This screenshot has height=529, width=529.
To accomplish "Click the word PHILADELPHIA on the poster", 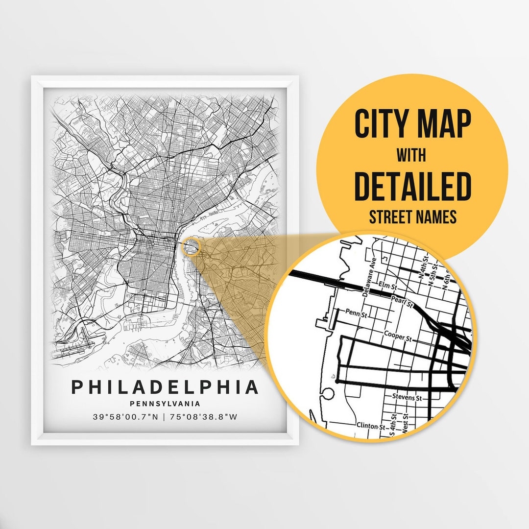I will (x=165, y=387).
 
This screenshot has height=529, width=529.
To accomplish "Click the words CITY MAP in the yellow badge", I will (x=412, y=124).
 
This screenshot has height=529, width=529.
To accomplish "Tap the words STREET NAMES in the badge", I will (x=412, y=217).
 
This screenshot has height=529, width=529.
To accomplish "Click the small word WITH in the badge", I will (x=411, y=156).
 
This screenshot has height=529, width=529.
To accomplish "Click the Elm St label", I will (x=386, y=283).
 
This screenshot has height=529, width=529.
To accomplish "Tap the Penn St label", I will (x=356, y=311).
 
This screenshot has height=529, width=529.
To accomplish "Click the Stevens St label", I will (x=407, y=398).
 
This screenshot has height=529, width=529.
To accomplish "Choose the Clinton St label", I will (x=371, y=425).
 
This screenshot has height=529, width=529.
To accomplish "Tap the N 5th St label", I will (x=434, y=276).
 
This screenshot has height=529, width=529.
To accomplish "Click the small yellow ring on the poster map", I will (x=191, y=247).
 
